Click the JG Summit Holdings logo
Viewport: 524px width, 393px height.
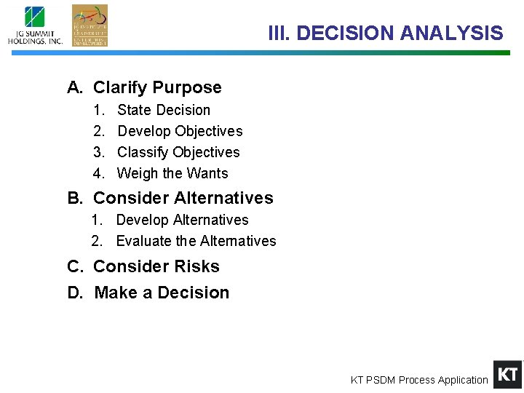pos(35,25)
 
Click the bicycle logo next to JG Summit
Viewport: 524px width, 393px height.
pos(90,25)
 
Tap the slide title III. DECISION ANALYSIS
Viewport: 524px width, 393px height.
pos(385,33)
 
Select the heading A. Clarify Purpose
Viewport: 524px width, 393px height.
pos(144,87)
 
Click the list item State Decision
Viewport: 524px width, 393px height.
pos(163,110)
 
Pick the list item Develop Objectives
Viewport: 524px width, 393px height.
pos(180,131)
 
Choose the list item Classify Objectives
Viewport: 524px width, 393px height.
pos(178,152)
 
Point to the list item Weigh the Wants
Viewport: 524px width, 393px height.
pos(172,173)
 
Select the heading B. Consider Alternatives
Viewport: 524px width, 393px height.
pos(170,198)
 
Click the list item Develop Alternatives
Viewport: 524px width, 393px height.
pos(182,220)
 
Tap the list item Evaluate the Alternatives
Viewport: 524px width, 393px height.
pos(196,241)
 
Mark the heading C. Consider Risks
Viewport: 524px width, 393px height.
pos(143,266)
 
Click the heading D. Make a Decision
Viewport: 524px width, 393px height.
pos(148,293)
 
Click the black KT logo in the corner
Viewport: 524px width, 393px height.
pos(507,375)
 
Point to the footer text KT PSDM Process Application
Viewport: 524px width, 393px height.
pos(419,380)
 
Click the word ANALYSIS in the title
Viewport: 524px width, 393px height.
pos(451,33)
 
